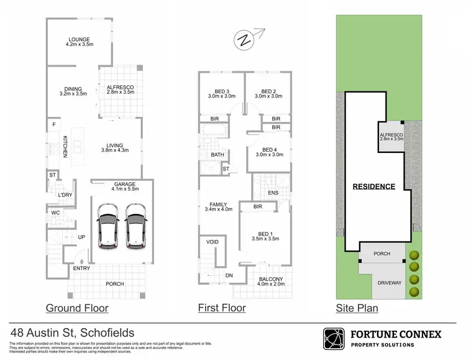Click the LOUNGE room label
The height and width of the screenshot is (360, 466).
(79, 39)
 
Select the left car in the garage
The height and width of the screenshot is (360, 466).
(108, 228)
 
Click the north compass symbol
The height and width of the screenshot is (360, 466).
(244, 41)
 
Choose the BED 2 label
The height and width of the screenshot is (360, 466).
(268, 90)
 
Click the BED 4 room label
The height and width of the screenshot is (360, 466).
(268, 150)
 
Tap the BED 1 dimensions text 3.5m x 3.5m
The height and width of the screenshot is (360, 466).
(265, 239)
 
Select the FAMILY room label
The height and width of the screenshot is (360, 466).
(218, 204)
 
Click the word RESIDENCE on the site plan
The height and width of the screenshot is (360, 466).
(374, 187)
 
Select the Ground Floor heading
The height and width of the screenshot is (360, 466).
(77, 308)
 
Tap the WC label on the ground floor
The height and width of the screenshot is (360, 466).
(55, 213)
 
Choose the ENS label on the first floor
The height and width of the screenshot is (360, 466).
(273, 192)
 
